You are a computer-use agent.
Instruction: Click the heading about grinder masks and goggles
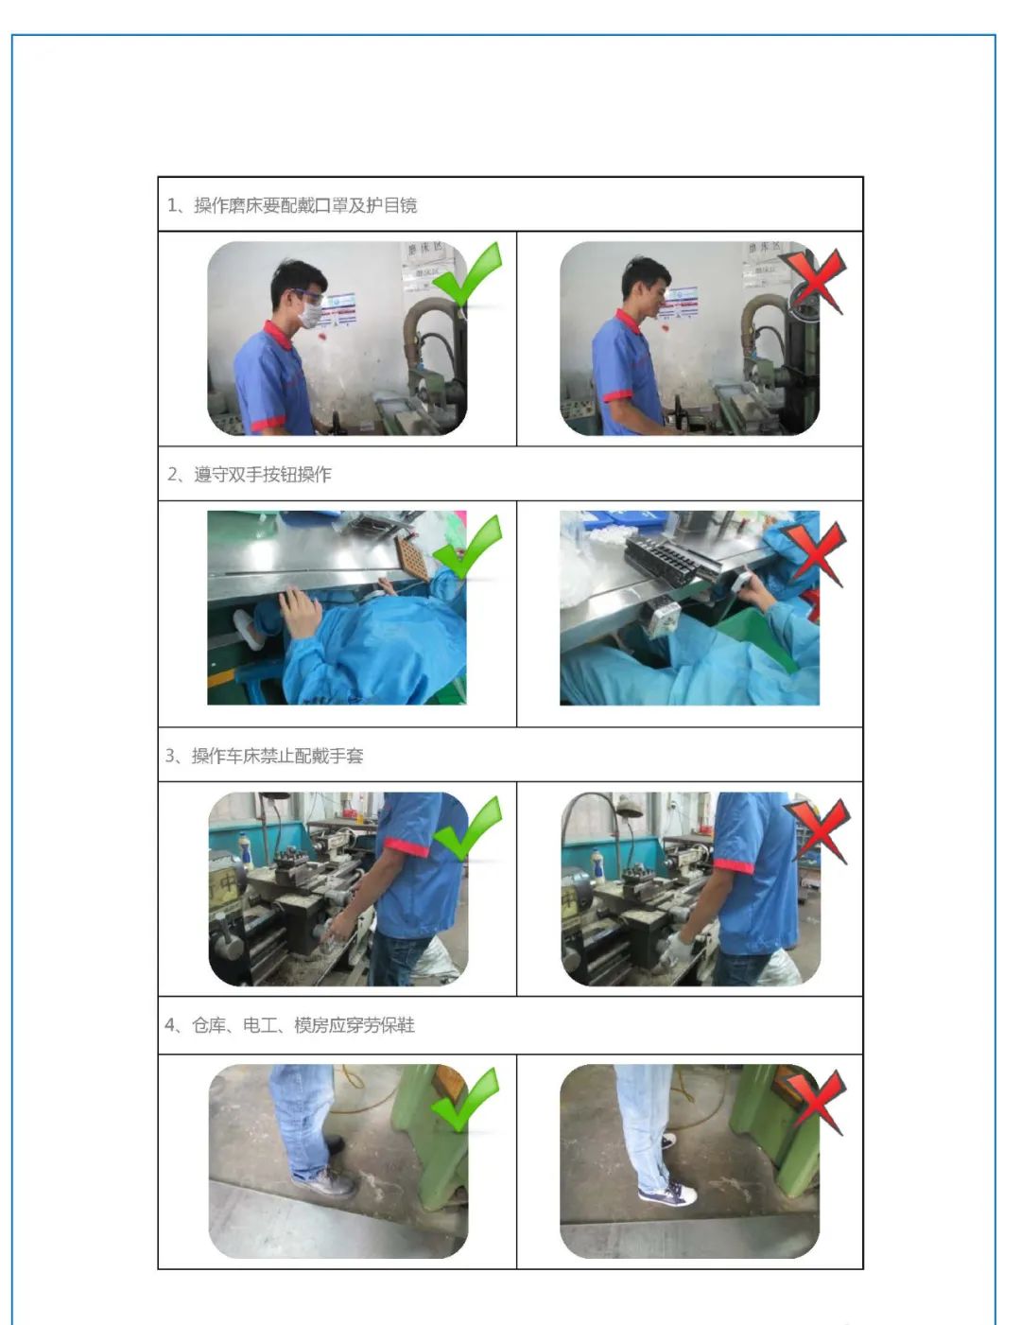tap(292, 205)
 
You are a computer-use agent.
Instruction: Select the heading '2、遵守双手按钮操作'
tap(250, 475)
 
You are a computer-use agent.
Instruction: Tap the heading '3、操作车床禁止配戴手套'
tap(264, 756)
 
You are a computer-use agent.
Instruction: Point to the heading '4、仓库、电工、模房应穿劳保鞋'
tap(289, 1025)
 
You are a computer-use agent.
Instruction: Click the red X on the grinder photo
tap(815, 282)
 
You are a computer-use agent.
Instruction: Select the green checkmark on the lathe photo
tap(467, 829)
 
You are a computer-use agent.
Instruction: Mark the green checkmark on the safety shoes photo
tap(465, 1101)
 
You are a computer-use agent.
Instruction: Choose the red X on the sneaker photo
tap(815, 1103)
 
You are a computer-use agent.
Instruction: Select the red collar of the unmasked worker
tap(629, 323)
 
